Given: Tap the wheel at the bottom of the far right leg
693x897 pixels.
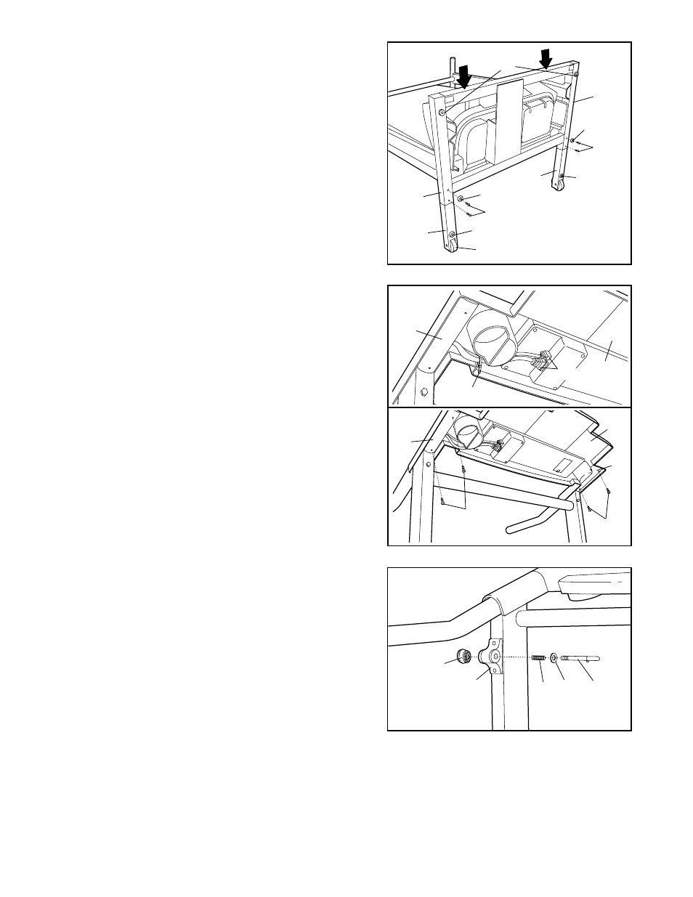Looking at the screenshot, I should click(x=559, y=187).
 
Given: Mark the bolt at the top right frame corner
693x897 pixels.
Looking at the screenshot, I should click(x=576, y=73).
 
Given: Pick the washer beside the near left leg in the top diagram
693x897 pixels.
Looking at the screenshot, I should click(x=461, y=198).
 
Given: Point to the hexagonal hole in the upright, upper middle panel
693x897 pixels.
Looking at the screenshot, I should click(x=424, y=393).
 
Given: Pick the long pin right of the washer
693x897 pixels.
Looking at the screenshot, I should click(x=582, y=658).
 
